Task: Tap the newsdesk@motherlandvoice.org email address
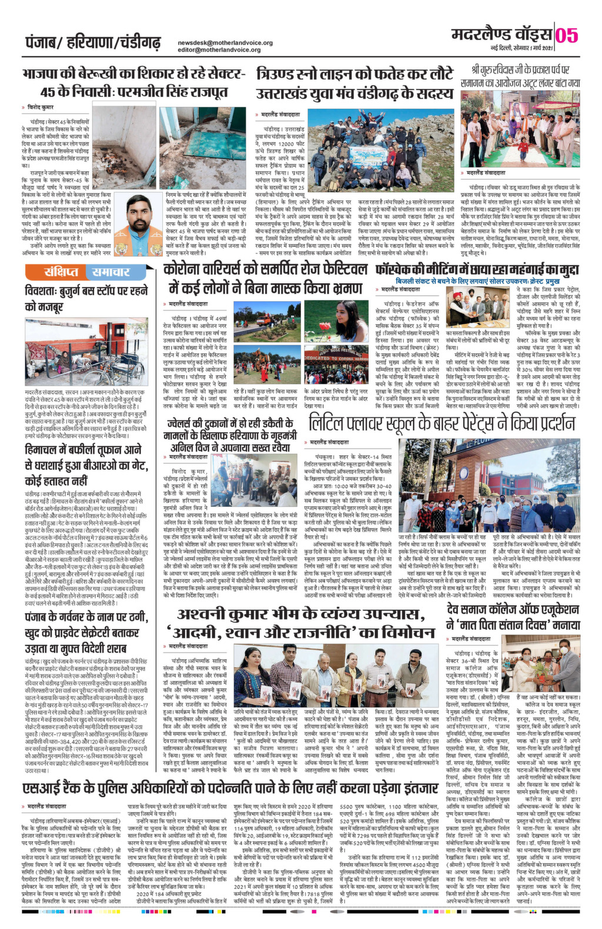(225, 43)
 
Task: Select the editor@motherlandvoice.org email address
(219, 50)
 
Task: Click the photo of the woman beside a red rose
(351, 320)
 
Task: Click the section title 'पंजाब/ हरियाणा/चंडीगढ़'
(93, 43)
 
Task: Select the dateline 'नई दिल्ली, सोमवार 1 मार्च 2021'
(522, 47)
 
